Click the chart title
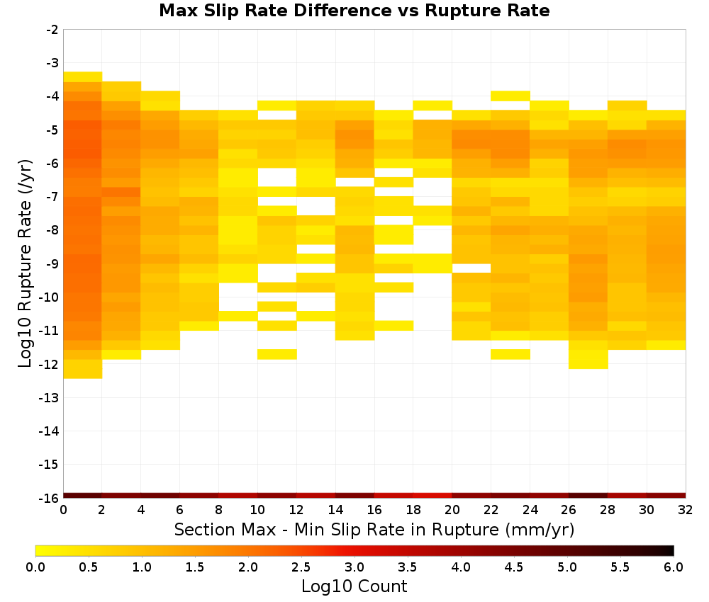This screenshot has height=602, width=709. (x=354, y=11)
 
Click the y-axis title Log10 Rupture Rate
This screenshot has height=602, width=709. (x=26, y=263)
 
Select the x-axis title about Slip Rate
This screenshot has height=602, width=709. (x=374, y=529)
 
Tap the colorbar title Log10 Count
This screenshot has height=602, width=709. (x=354, y=586)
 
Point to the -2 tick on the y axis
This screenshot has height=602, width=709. (x=52, y=30)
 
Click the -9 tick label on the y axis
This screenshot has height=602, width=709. (x=52, y=263)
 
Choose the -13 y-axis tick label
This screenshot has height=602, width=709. (x=50, y=397)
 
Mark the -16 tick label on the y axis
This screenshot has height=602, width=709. (x=50, y=498)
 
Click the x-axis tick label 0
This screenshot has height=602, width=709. (x=63, y=510)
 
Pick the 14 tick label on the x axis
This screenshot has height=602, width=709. (x=335, y=510)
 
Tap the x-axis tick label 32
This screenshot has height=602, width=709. (x=686, y=510)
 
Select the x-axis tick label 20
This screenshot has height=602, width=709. (x=452, y=510)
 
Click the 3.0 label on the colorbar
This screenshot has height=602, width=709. (x=354, y=567)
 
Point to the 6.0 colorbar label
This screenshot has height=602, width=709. (x=674, y=567)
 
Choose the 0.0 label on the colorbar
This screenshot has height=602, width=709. (x=35, y=567)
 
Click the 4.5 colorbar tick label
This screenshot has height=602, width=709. (x=514, y=567)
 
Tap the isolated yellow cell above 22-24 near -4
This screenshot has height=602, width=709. (x=510, y=96)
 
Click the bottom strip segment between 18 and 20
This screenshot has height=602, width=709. (x=432, y=496)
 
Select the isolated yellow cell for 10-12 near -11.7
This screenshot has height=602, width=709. (x=277, y=354)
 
